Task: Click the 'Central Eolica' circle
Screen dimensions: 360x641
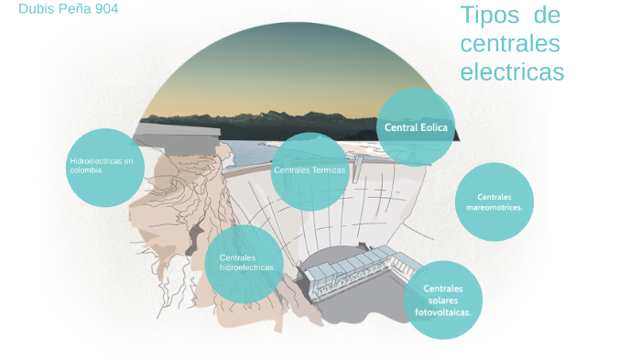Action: (416, 127)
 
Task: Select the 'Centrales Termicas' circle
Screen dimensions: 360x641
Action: (310, 171)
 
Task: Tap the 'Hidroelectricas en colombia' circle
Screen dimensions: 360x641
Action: (105, 167)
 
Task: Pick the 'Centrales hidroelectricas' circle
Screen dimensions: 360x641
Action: (244, 264)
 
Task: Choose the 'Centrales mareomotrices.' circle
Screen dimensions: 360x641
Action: (494, 202)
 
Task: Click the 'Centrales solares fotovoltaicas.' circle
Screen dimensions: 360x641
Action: (443, 300)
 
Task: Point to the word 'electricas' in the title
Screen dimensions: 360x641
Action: (512, 71)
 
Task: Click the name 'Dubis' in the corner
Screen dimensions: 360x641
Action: (33, 8)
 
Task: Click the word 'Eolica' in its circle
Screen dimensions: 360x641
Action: (434, 127)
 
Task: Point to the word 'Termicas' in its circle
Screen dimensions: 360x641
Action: (329, 170)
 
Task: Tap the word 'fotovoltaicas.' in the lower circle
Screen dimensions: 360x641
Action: (443, 312)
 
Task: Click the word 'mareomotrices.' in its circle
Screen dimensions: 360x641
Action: (494, 207)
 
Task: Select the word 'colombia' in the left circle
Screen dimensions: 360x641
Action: (85, 170)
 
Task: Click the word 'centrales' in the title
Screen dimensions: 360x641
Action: (510, 43)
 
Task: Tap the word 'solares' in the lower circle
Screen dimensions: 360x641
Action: (442, 300)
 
